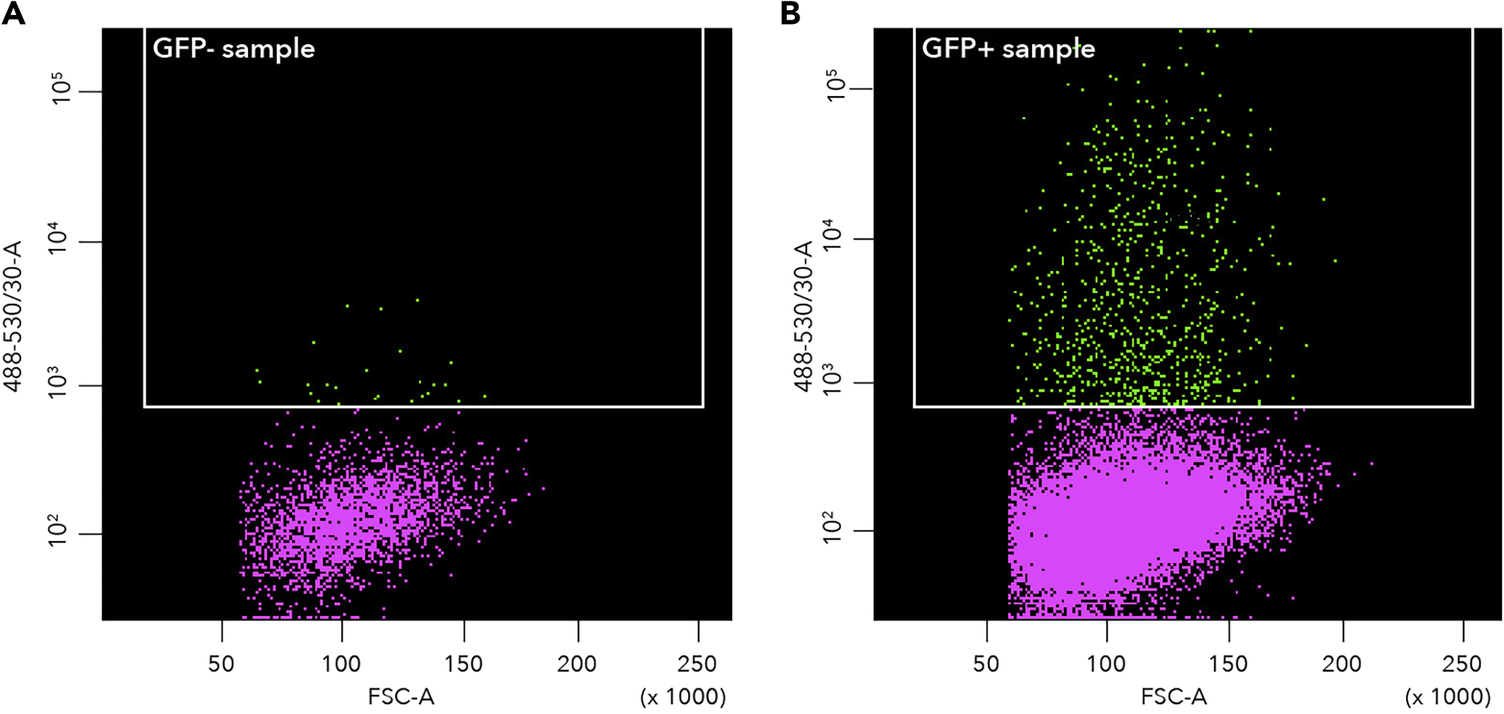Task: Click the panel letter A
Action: point(14,14)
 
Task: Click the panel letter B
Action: point(790,14)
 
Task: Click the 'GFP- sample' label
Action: point(234,49)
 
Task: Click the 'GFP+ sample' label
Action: point(1008,49)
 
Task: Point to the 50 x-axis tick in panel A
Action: point(221,664)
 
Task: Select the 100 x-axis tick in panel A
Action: point(341,664)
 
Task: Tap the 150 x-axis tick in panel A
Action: point(464,664)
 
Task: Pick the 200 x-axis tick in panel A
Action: point(577,664)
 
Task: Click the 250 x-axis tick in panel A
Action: point(698,664)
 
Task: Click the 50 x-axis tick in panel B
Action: point(986,664)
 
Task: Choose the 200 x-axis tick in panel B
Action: point(1342,664)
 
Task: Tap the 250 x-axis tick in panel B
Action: point(1462,664)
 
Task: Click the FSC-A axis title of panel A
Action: point(401,696)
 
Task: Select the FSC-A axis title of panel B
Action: point(1174,696)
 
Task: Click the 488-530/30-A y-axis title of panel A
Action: point(14,317)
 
